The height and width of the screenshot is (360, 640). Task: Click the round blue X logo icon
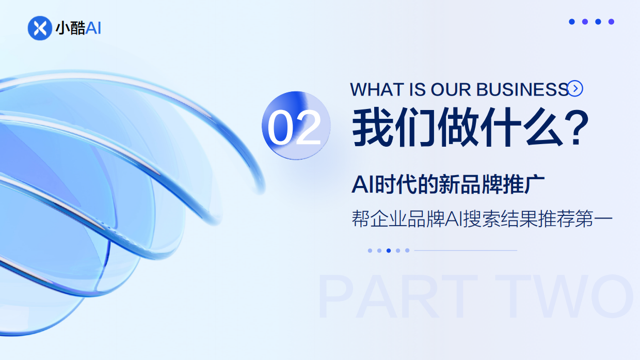click(40, 28)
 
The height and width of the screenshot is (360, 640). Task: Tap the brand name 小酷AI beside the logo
click(78, 28)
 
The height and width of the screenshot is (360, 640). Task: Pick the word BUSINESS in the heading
click(522, 89)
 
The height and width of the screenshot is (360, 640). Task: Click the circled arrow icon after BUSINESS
click(575, 89)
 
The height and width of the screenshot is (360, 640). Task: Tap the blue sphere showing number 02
click(296, 126)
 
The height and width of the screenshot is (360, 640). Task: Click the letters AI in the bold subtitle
click(361, 185)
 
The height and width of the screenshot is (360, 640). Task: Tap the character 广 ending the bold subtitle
click(536, 185)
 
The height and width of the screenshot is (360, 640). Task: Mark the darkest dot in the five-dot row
click(389, 251)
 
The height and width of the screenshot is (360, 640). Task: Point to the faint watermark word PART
click(397, 297)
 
